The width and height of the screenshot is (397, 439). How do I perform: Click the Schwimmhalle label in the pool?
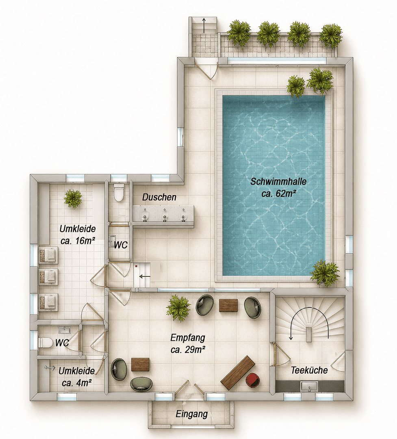[x=278, y=181]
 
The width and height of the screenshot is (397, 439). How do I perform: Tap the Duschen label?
[x=159, y=197]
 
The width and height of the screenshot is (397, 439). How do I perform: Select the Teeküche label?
[x=309, y=370]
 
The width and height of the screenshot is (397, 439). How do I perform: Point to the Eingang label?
[x=192, y=414]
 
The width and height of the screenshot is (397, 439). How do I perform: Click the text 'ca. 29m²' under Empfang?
[x=188, y=350]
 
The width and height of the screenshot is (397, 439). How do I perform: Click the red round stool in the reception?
[x=252, y=380]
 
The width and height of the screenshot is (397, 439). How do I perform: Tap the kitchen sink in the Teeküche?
[x=309, y=387]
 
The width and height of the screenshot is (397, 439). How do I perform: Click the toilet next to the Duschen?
[x=119, y=192]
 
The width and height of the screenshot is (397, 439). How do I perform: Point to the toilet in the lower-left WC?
[x=46, y=342]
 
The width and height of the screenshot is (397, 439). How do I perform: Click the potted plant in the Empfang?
[x=178, y=308]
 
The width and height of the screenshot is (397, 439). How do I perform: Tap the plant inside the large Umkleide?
[x=73, y=199]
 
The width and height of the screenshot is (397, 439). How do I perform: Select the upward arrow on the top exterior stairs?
[x=204, y=25]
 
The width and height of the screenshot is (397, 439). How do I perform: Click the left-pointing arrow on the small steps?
[x=145, y=277]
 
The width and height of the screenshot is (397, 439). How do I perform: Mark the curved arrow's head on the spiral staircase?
[x=291, y=338]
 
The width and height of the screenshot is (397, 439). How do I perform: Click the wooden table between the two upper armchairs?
[x=228, y=305]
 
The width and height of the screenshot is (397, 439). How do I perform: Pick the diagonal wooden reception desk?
[x=238, y=373]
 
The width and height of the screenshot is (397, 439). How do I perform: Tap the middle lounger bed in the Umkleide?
[x=48, y=277]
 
